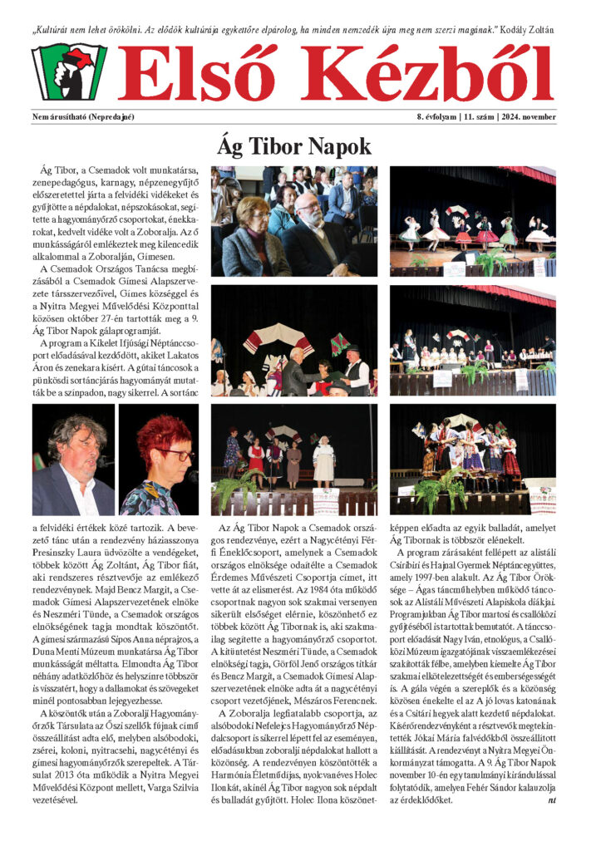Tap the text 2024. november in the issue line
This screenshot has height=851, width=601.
529,116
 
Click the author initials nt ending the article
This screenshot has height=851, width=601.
551,799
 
